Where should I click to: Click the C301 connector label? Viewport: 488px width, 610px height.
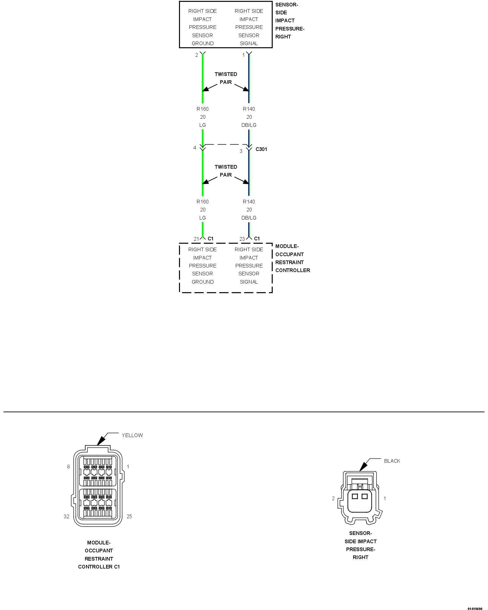(261, 149)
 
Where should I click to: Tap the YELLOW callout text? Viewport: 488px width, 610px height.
(132, 435)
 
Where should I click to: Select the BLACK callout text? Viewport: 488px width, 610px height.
(392, 461)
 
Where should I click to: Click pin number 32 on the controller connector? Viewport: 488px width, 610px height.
(66, 516)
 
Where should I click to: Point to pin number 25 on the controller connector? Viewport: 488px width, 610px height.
(129, 516)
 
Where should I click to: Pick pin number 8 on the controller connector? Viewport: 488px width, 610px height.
(68, 467)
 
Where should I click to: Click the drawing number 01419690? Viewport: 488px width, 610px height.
(475, 608)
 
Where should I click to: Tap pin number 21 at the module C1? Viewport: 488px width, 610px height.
(196, 239)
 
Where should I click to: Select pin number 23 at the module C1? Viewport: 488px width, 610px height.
(242, 239)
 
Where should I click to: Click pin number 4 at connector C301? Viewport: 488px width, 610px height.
(195, 148)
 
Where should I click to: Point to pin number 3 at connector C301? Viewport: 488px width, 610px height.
(241, 151)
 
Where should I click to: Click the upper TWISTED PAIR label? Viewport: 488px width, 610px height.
(226, 78)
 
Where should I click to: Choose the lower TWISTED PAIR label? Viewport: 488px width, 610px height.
(226, 171)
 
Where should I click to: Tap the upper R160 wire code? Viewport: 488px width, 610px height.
(203, 109)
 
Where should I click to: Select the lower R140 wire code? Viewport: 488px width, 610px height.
(249, 202)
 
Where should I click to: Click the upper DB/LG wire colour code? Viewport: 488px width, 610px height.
(249, 125)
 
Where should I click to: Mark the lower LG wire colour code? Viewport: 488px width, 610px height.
(203, 218)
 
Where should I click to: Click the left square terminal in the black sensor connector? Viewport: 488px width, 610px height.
(355, 496)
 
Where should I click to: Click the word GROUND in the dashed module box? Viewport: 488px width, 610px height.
(203, 282)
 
